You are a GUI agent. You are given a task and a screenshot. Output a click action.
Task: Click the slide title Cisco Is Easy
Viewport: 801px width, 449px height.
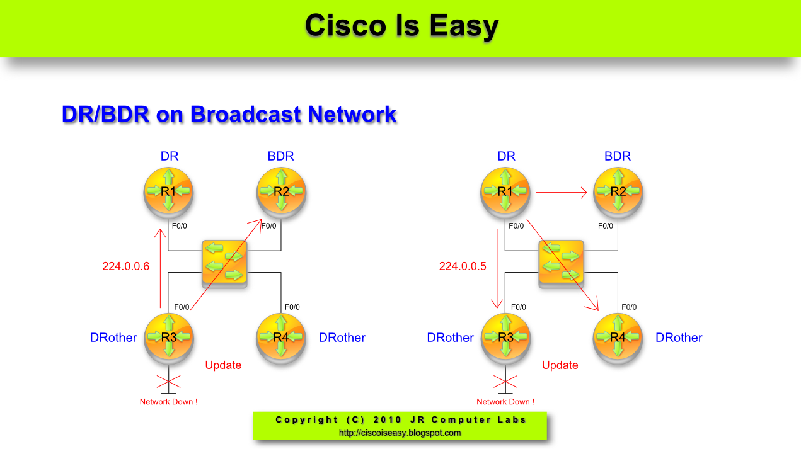point(401,26)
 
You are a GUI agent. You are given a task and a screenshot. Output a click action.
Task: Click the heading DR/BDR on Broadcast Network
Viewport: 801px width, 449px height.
point(229,115)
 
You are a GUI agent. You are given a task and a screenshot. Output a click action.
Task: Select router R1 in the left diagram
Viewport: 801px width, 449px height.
point(168,191)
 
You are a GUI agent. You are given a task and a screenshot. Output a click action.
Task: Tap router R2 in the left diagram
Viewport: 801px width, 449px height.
point(281,191)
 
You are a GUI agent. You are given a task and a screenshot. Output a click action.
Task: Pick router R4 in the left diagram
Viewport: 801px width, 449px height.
point(281,337)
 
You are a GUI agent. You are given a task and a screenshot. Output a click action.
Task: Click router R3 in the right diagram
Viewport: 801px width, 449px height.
point(505,337)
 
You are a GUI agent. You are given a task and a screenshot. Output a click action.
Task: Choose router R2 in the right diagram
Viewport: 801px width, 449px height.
point(618,191)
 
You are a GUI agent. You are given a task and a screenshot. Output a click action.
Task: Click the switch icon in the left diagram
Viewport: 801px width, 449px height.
point(225,264)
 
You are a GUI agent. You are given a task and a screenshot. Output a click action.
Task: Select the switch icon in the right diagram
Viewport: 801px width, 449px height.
point(562,264)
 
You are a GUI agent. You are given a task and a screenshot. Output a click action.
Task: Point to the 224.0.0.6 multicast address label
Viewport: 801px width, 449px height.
point(125,266)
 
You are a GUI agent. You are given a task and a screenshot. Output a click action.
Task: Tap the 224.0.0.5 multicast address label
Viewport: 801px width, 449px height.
point(463,266)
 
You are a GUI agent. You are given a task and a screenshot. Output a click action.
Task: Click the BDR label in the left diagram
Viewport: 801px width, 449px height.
point(281,156)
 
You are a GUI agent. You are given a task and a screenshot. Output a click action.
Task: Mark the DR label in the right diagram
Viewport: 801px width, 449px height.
point(506,156)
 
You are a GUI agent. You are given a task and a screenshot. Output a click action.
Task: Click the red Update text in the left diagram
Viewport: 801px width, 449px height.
point(223,365)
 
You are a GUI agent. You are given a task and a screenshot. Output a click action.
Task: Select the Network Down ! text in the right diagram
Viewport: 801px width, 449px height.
point(505,402)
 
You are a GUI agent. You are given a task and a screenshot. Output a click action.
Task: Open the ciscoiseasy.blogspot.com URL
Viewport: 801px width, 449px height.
point(400,433)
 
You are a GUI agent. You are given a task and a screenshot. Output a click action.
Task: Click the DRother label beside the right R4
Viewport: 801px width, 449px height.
point(679,338)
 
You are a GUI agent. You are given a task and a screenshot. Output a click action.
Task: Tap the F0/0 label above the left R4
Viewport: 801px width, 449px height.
point(292,307)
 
